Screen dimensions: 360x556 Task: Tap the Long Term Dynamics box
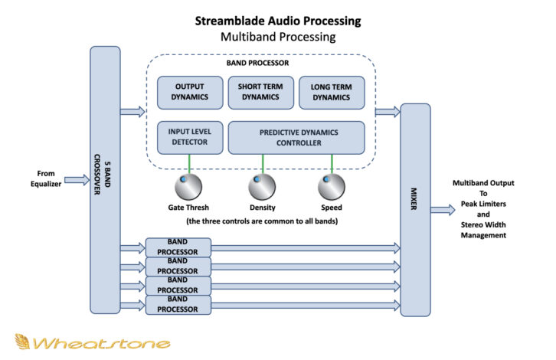pyautogui.click(x=330, y=93)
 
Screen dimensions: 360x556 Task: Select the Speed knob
pyautogui.click(x=331, y=185)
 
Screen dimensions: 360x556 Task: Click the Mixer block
pyautogui.click(x=415, y=209)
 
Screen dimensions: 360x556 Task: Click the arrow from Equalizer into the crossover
pyautogui.click(x=76, y=180)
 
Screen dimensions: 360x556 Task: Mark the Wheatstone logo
pyautogui.click(x=92, y=342)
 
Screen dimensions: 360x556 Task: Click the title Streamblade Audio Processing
pyautogui.click(x=279, y=21)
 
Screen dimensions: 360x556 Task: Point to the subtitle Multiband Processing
pyautogui.click(x=279, y=36)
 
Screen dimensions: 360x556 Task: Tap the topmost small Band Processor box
pyautogui.click(x=178, y=247)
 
